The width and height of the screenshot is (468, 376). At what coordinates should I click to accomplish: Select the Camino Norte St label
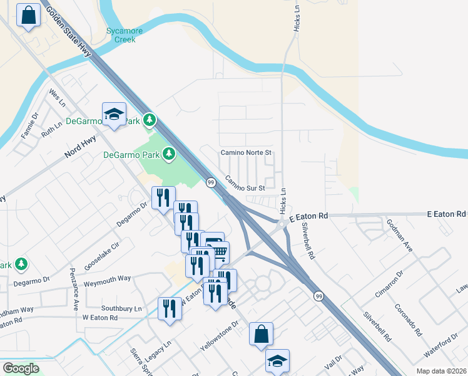click(245, 152)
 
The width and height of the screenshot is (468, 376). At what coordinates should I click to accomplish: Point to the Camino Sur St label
click(246, 183)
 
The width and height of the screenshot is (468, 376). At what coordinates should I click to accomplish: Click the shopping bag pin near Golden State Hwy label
click(29, 16)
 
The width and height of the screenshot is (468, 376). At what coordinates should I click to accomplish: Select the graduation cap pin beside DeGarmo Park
click(114, 114)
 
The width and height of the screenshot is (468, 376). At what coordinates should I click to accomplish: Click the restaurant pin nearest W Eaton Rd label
click(170, 308)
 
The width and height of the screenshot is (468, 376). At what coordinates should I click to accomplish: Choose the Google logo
click(21, 368)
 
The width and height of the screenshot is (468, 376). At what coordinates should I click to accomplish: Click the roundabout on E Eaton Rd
click(282, 222)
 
